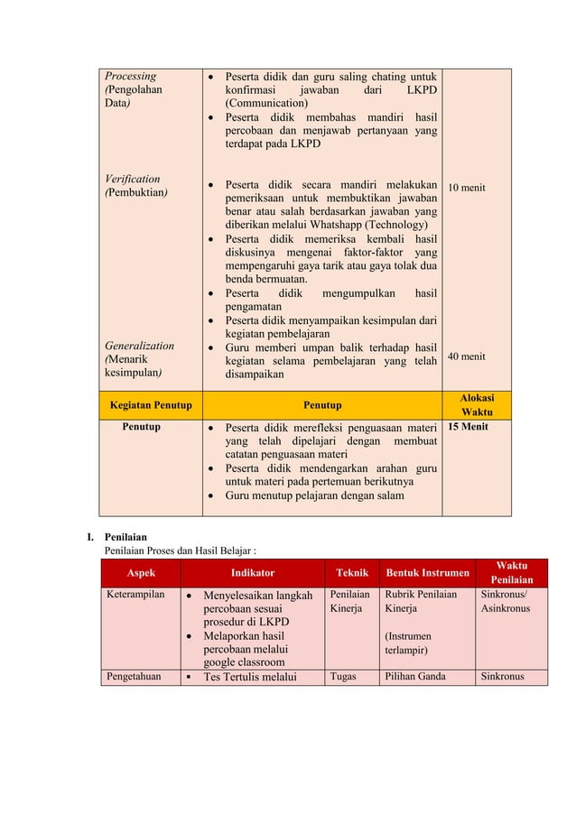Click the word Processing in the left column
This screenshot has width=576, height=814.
point(130,77)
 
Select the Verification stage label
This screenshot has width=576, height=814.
point(132,179)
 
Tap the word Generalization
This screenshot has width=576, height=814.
point(139,346)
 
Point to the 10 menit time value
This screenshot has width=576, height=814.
point(467,188)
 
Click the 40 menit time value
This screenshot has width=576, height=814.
point(467,356)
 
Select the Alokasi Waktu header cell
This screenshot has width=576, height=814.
point(476,404)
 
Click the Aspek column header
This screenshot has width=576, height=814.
point(140,572)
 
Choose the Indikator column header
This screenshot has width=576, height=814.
point(252,572)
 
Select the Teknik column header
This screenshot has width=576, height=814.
point(352,572)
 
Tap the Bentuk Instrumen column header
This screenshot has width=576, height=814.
point(427,572)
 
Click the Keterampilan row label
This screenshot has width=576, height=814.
point(135,596)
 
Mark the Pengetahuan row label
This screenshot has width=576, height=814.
point(135,676)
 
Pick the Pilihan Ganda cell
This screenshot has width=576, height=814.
point(415,676)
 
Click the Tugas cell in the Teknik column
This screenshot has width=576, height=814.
point(343,676)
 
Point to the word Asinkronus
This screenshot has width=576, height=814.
point(506,608)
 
